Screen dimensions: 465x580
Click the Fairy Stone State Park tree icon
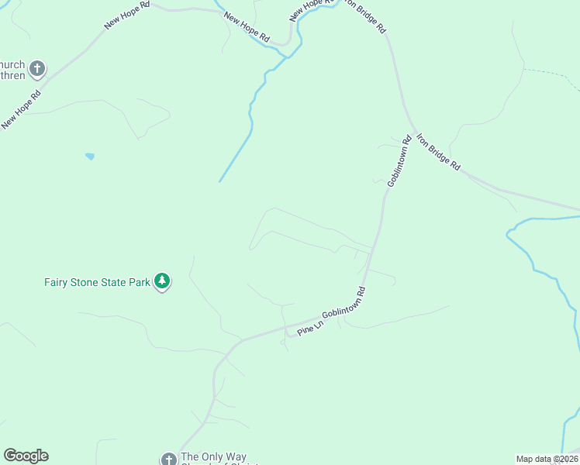click(x=162, y=281)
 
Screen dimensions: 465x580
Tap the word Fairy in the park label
click(x=57, y=282)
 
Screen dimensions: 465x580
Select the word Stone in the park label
click(x=86, y=282)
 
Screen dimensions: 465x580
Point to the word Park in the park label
click(x=139, y=282)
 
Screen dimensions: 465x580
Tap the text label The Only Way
click(x=213, y=457)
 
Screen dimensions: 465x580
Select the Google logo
click(x=26, y=456)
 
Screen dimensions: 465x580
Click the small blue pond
click(x=90, y=157)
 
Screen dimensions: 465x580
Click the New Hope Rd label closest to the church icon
click(x=21, y=110)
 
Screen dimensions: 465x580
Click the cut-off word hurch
click(x=13, y=64)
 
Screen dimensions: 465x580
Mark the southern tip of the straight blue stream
click(x=220, y=181)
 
